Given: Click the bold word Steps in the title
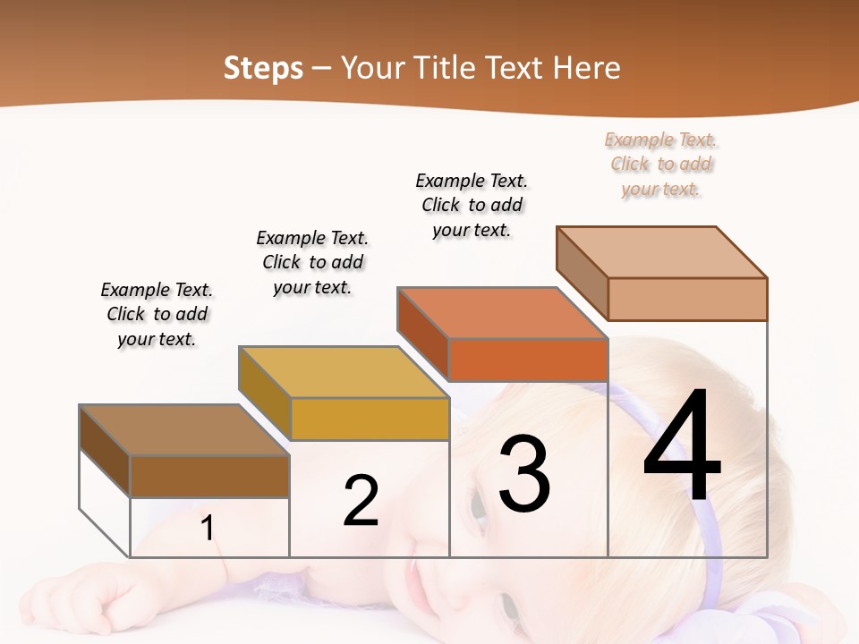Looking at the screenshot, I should (x=263, y=68).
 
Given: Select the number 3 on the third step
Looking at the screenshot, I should (x=524, y=473).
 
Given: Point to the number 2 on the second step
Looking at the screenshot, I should (x=361, y=501).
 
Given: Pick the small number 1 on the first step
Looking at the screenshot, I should (x=208, y=528).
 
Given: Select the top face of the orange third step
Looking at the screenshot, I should (x=502, y=313).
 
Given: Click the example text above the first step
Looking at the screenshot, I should (x=157, y=314).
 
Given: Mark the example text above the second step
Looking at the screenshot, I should (x=312, y=262).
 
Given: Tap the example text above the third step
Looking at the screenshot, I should (x=472, y=205).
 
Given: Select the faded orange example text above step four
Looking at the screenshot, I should (x=661, y=164).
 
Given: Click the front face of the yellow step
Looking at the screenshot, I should (x=370, y=419).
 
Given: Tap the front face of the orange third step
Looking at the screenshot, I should (x=528, y=360).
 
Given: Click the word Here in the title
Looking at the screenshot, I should (x=588, y=68).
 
